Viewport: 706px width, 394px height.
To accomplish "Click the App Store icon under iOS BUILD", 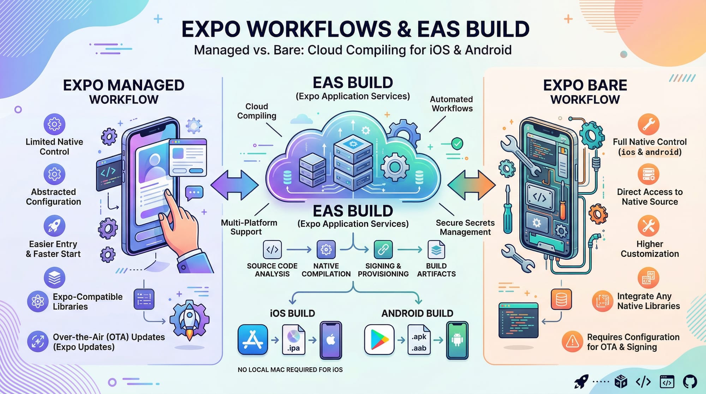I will [x=253, y=340].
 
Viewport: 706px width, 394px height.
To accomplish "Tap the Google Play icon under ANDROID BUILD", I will [x=379, y=340].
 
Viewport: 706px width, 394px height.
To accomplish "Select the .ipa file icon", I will [x=294, y=340].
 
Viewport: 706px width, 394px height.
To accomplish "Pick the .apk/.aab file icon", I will [x=419, y=340].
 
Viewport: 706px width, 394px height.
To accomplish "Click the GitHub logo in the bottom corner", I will [x=690, y=382].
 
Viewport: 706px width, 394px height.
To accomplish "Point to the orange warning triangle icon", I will [x=572, y=341].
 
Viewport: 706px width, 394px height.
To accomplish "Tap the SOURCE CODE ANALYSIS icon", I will [x=272, y=250].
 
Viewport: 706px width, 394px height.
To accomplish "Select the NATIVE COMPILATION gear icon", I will [x=326, y=250].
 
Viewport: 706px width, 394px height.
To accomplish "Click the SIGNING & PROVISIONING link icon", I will [x=383, y=250].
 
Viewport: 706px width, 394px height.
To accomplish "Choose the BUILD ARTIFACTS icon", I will [x=436, y=250].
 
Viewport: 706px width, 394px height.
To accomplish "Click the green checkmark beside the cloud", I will [x=457, y=144].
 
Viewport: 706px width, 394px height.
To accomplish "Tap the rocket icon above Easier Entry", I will [x=54, y=226].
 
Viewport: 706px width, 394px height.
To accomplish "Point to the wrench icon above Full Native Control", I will [x=648, y=124].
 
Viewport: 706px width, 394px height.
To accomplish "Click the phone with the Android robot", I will [x=457, y=340].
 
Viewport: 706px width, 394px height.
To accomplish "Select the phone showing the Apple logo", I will [x=331, y=340].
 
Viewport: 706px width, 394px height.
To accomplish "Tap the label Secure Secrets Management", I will [x=465, y=227].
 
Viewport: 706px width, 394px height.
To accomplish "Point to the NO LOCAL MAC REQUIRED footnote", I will [x=290, y=370].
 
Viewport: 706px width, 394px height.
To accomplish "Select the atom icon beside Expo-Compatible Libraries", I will [x=38, y=302].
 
